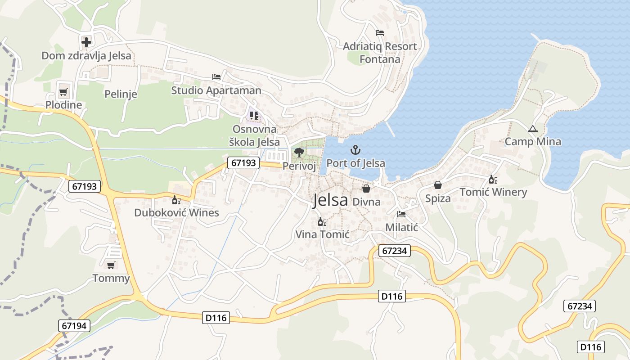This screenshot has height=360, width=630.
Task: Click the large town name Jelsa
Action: pos(330,200)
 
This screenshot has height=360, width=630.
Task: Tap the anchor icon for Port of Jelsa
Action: pos(355,149)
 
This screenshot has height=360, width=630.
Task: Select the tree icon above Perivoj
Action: pos(299,153)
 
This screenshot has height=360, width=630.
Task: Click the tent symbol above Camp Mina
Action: pos(533,129)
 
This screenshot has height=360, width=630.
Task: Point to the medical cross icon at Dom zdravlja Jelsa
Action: pos(86,42)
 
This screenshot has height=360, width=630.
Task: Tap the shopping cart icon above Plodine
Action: pos(63,92)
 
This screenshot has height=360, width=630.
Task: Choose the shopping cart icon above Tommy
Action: pos(111,265)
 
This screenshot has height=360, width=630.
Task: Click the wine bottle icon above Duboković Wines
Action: pos(176,200)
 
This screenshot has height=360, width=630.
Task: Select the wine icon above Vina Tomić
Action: pos(322,221)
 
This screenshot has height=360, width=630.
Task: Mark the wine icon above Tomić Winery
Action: pos(493,179)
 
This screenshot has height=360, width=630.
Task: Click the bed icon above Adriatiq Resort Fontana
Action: pos(380,33)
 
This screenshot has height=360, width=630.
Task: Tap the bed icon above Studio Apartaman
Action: pos(216,77)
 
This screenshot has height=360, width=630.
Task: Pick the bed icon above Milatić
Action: pos(401,214)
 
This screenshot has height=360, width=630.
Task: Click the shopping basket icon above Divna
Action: pos(366,189)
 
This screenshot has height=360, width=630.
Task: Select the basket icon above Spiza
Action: pos(438,185)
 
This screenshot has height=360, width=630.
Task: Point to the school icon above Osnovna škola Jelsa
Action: pos(254,116)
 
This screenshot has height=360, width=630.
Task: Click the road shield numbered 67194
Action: pos(74,326)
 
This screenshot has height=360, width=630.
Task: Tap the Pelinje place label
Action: pos(121,94)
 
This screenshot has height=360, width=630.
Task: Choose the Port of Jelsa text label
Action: pos(355,163)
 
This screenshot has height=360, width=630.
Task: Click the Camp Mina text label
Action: pos(533,142)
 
